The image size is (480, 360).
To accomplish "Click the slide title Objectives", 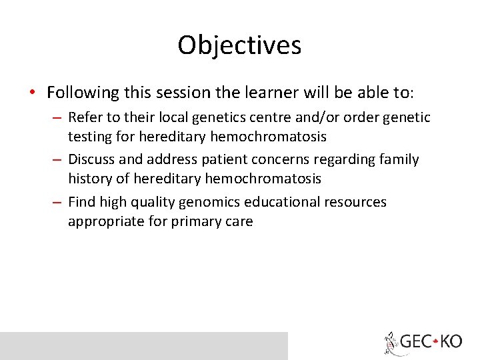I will pyautogui.click(x=239, y=45).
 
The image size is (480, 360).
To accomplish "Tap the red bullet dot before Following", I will pyautogui.click(x=32, y=92).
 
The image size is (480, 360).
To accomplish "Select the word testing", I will pyautogui.click(x=89, y=137).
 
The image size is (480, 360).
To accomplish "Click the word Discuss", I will pyautogui.click(x=92, y=160).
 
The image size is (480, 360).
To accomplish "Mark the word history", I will pyautogui.click(x=89, y=179).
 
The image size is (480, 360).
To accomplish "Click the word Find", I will pyautogui.click(x=81, y=202).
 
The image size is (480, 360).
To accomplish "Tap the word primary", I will pyautogui.click(x=190, y=221).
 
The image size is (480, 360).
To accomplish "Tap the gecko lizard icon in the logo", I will pyautogui.click(x=391, y=343).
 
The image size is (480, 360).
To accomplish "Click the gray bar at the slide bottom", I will pyautogui.click(x=143, y=345).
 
